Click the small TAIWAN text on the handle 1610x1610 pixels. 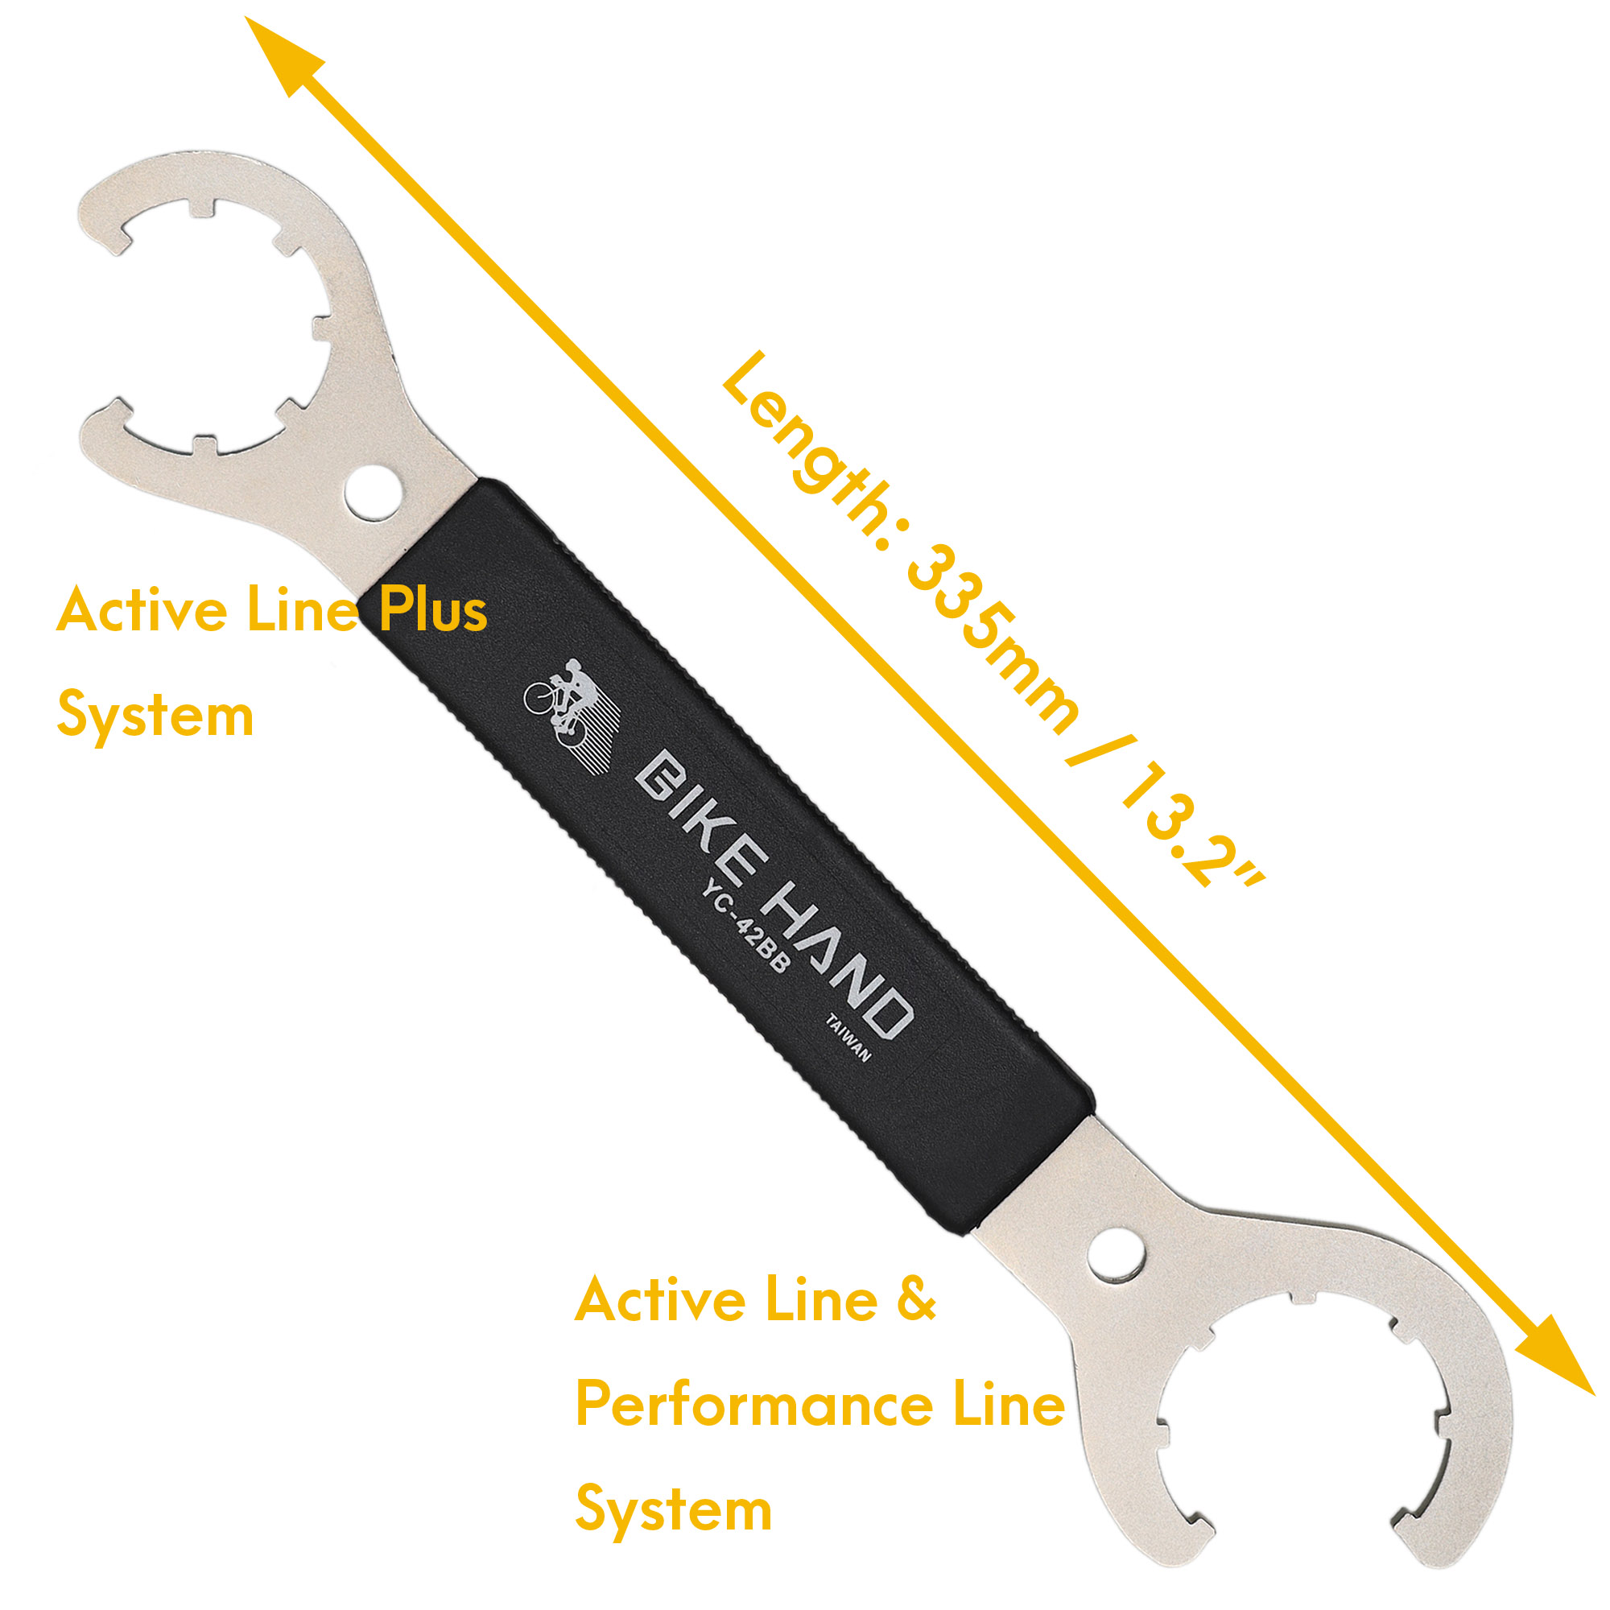848,1038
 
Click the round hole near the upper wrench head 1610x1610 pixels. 373,493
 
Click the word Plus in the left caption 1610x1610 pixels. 432,611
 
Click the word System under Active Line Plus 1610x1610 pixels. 155,717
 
